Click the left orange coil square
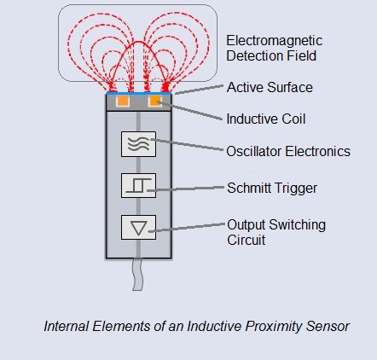pos(123,102)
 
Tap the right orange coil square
pos(154,102)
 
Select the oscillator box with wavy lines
pos(138,144)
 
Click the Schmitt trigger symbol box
pos(138,185)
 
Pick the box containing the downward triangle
pos(138,228)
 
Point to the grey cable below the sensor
pos(137,274)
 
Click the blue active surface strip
pos(139,93)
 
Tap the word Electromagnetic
pos(275,41)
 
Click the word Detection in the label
pos(255,55)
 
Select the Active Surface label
pos(270,87)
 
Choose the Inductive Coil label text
pos(266,119)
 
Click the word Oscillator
pos(254,151)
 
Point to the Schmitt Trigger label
pos(272,189)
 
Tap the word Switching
pos(297,225)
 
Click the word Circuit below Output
pos(246,240)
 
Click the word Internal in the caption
pos(67,326)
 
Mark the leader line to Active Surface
pos(200,90)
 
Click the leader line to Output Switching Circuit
pos(187,228)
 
